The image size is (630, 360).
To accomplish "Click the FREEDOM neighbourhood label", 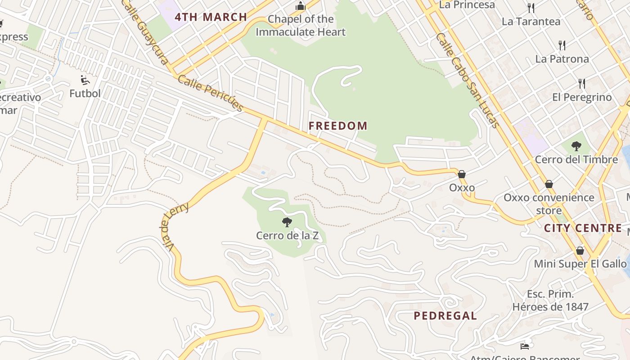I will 338,126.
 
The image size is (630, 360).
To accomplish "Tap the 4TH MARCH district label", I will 211,18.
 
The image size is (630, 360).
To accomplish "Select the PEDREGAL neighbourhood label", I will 445,316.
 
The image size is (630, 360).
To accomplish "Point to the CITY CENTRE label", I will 583,228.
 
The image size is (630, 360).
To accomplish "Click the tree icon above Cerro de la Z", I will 287,222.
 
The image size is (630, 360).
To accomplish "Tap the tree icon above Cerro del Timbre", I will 576,146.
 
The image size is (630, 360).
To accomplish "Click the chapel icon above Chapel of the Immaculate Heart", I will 300,6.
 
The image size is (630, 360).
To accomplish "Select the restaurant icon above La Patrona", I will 562,45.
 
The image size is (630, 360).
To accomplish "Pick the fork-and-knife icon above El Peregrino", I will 582,83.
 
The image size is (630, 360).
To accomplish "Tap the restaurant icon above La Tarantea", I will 531,8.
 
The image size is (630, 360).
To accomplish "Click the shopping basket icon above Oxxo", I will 462,174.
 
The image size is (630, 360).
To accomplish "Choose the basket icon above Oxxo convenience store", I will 549,184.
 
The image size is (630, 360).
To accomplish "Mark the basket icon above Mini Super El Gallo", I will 580,251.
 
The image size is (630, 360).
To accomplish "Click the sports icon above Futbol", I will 85,80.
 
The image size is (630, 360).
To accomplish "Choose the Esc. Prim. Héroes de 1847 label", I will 550,301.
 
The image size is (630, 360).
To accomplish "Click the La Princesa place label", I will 467,5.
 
